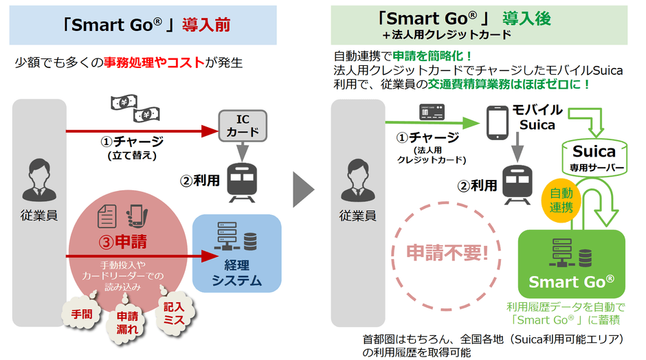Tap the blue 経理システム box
(237, 251)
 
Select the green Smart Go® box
(570, 262)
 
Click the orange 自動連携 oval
(560, 198)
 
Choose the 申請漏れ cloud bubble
(126, 322)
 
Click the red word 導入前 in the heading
(205, 26)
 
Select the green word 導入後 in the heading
(526, 19)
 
